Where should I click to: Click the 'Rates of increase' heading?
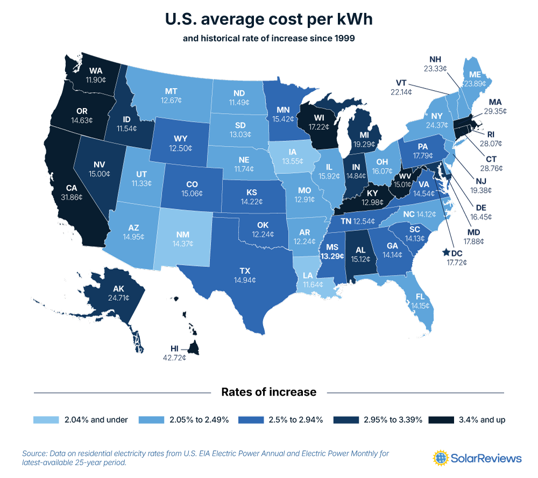269,392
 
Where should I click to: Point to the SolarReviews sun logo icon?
441,458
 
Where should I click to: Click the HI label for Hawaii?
174,349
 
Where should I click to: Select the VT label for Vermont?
400,84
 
